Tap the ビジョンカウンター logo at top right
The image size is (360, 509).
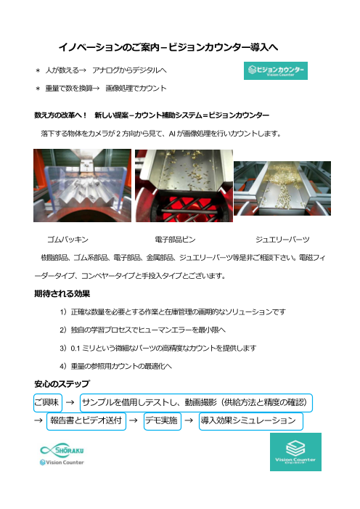coord(274,70)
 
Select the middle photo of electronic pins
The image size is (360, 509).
coord(184,186)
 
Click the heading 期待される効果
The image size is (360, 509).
coord(62,294)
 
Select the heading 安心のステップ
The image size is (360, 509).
coord(62,382)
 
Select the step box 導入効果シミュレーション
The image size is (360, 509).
coord(250,421)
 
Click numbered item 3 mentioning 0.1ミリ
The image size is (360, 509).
coord(167,349)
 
